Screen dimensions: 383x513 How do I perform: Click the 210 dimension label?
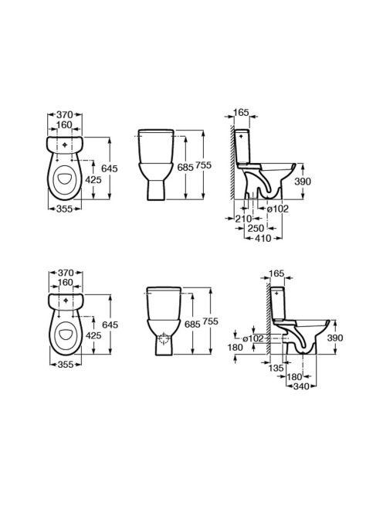click(243, 218)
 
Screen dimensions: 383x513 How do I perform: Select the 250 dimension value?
click(256, 228)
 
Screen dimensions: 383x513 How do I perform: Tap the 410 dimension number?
click(263, 238)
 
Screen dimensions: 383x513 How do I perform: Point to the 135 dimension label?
click(276, 368)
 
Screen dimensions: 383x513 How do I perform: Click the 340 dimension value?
click(301, 386)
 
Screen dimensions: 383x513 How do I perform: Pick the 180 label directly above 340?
click(294, 377)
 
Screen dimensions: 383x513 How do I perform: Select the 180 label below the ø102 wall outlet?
click(236, 348)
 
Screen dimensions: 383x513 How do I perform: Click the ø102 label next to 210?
click(278, 209)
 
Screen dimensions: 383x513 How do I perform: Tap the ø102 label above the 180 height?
click(253, 338)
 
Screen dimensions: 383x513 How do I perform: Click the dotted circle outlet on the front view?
click(164, 338)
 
